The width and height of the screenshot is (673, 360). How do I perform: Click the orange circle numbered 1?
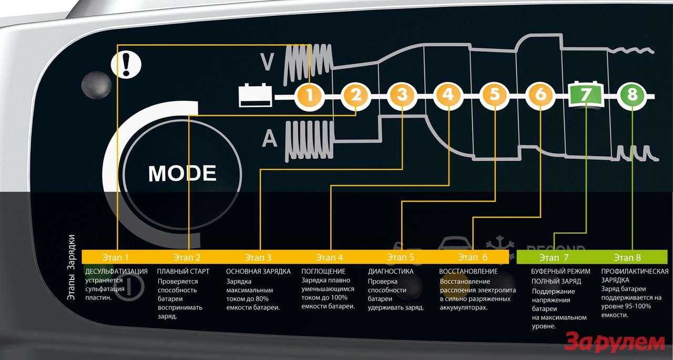pyautogui.click(x=309, y=96)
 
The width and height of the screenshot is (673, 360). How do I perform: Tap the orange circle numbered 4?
pyautogui.click(x=448, y=96)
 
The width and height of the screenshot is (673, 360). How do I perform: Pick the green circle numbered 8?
pyautogui.click(x=632, y=96)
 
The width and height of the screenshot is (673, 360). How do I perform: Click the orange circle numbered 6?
pyautogui.click(x=541, y=96)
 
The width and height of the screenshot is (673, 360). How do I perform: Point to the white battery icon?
pyautogui.click(x=256, y=96)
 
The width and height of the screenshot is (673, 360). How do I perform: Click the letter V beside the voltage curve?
pyautogui.click(x=268, y=63)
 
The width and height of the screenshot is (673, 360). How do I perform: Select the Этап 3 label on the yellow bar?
pyautogui.click(x=258, y=257)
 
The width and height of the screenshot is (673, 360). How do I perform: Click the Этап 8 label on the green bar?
pyautogui.click(x=627, y=257)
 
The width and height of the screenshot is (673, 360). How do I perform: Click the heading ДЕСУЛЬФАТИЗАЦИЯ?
pyautogui.click(x=116, y=271)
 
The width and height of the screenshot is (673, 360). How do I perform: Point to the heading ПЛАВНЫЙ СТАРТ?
pyautogui.click(x=183, y=271)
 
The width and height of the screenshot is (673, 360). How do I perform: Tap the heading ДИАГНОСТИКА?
pyautogui.click(x=391, y=271)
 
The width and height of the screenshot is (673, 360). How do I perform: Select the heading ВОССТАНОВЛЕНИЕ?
pyautogui.click(x=468, y=271)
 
